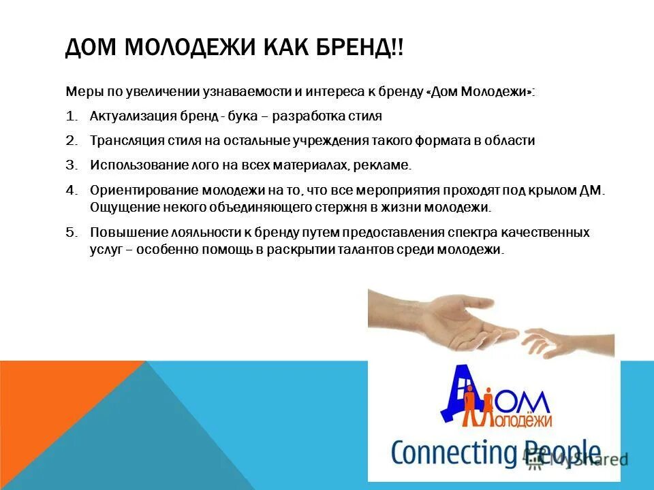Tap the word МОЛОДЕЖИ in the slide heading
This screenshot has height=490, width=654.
coord(176,50)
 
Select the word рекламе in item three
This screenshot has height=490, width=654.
coord(387,165)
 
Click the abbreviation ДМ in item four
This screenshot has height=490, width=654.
coord(591,190)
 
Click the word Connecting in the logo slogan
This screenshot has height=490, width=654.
coord(446,454)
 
